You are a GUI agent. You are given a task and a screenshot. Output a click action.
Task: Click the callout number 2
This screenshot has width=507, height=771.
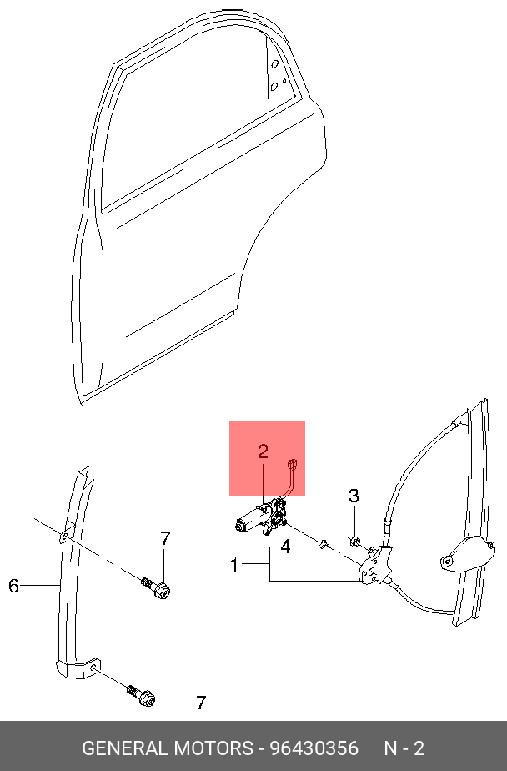pyautogui.click(x=264, y=451)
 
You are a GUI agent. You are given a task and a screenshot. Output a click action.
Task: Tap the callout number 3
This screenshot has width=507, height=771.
pyautogui.click(x=354, y=496)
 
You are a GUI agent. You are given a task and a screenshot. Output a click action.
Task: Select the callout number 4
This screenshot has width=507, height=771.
pyautogui.click(x=285, y=547)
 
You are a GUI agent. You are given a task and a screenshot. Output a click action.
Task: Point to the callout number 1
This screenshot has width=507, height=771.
pyautogui.click(x=235, y=565)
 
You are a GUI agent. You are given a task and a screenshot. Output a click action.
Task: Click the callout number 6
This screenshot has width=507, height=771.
pyautogui.click(x=13, y=586)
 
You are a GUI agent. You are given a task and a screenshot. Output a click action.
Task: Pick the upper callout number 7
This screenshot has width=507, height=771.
pyautogui.click(x=165, y=539)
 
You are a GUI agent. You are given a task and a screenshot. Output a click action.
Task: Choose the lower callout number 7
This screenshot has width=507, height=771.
pyautogui.click(x=200, y=703)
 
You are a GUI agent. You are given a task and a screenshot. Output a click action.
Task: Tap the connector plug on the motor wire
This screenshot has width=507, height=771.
pyautogui.click(x=294, y=464)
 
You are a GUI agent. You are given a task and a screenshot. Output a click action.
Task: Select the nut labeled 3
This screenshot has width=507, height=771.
pyautogui.click(x=354, y=542)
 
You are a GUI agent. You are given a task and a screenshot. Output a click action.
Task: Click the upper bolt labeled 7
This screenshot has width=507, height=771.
pyautogui.click(x=155, y=587)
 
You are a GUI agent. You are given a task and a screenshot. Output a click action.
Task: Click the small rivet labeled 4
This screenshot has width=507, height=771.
pyautogui.click(x=324, y=543)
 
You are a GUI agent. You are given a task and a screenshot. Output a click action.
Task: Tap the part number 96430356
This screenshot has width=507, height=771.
pyautogui.click(x=314, y=748)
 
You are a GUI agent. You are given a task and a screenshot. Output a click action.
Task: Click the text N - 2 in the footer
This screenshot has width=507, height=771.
pyautogui.click(x=404, y=748)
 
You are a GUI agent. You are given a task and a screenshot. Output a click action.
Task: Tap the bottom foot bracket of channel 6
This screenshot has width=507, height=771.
pyautogui.click(x=78, y=667)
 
